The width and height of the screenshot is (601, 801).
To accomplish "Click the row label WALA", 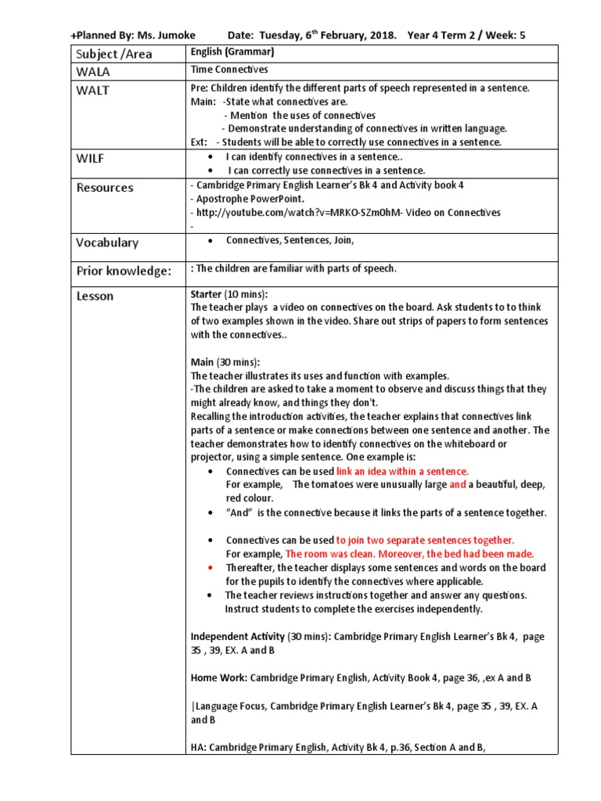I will pyautogui.click(x=93, y=72).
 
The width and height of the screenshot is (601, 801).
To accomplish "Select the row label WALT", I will pyautogui.click(x=93, y=90).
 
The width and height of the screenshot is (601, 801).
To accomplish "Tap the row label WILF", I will pyautogui.click(x=90, y=158).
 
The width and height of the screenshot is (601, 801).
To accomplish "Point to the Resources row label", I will pyautogui.click(x=105, y=188).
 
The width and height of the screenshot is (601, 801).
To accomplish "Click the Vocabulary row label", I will pyautogui.click(x=107, y=242).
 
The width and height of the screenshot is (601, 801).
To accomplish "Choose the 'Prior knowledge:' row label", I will pyautogui.click(x=123, y=271).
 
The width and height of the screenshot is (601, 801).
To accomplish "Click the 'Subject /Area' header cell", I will pyautogui.click(x=114, y=54).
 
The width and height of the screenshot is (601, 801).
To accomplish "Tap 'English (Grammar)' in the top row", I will pyautogui.click(x=233, y=52).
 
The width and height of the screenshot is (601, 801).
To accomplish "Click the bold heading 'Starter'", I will pyautogui.click(x=207, y=294).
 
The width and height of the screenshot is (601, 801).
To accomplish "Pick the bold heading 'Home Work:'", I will pyautogui.click(x=219, y=677).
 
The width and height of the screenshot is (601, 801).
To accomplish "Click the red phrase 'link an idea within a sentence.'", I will pyautogui.click(x=403, y=471).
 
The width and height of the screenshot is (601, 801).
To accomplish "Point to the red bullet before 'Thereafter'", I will pyautogui.click(x=211, y=568).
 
